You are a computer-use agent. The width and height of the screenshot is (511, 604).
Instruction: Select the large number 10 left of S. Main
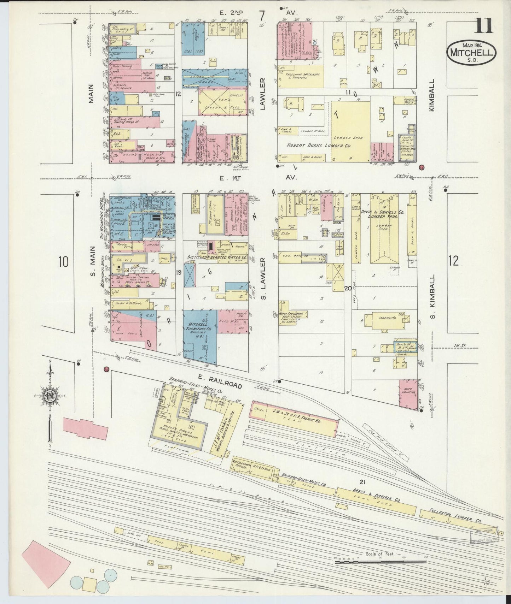click(x=64, y=262)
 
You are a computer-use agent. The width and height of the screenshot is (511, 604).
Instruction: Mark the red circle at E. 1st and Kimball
click(x=421, y=167)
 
